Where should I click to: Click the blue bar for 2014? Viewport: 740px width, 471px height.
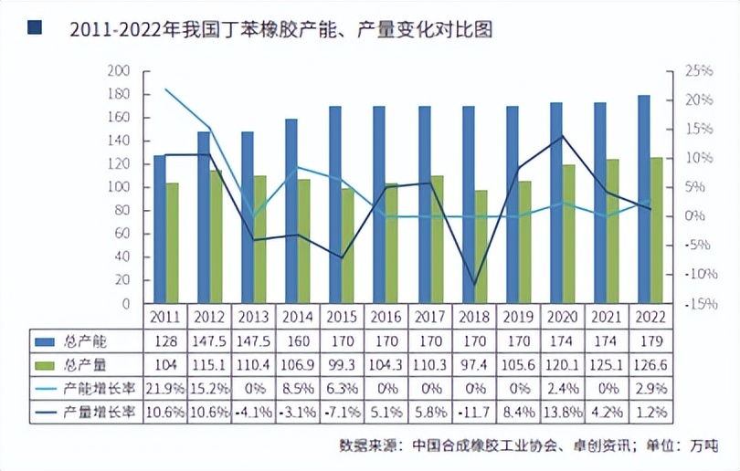coord(291,211)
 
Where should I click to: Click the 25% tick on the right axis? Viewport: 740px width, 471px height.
coord(698,70)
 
